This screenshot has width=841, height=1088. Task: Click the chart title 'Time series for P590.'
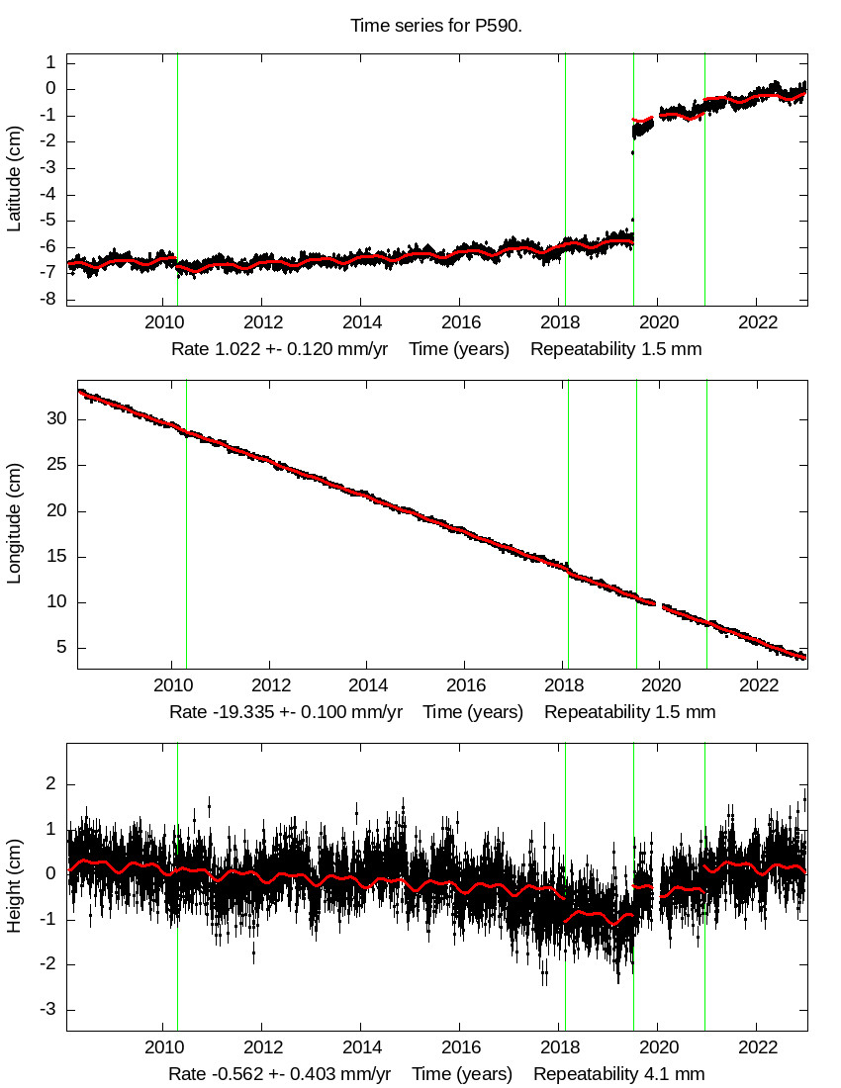(436, 25)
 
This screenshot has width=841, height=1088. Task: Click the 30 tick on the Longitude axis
(55, 419)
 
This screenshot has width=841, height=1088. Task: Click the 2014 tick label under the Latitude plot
(361, 322)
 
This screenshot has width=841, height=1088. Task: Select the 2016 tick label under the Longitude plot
(465, 684)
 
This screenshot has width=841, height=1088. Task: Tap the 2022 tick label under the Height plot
(757, 1047)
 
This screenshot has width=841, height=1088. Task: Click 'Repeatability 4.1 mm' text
(619, 1074)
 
